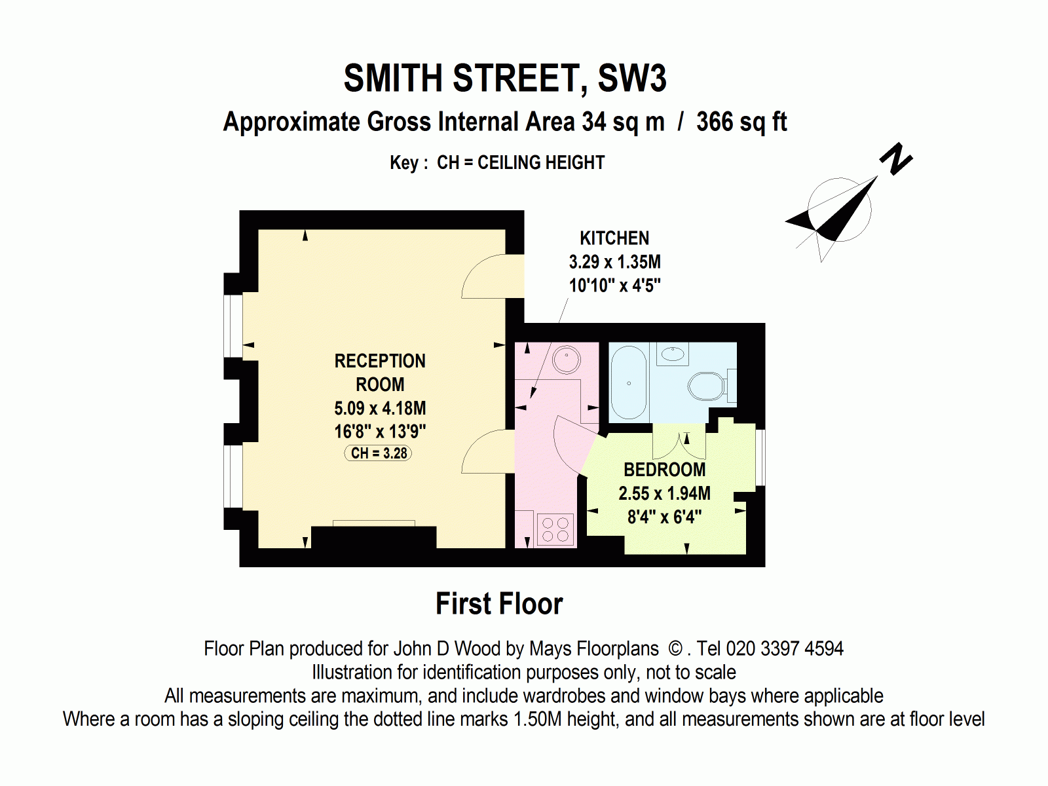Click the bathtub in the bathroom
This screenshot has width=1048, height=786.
[629, 383]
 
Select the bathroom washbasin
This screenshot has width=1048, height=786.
[673, 354]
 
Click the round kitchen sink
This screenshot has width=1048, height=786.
[566, 359]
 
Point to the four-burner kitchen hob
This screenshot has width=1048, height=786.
[555, 529]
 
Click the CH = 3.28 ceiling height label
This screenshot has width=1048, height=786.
[379, 453]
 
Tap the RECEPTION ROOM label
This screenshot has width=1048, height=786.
[380, 373]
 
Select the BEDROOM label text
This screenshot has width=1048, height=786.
[664, 470]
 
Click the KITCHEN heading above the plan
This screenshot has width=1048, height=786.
[614, 238]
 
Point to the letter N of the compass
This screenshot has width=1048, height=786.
[895, 159]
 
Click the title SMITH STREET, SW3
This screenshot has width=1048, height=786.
[505, 79]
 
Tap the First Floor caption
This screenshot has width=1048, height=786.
[499, 604]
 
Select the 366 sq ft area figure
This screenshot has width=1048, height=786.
[741, 122]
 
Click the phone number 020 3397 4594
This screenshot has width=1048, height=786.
[785, 648]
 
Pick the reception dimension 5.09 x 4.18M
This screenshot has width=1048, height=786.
[380, 408]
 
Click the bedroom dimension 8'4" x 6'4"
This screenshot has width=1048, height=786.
[664, 517]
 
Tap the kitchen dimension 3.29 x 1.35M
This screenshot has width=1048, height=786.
[614, 262]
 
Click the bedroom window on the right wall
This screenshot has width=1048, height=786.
[760, 457]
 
